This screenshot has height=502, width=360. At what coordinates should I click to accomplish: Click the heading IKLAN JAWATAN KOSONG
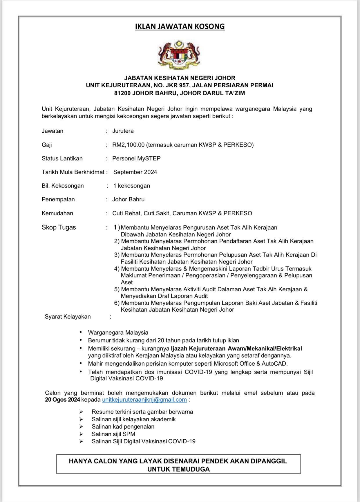tap(180, 26)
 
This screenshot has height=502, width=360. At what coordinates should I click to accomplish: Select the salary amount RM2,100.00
tap(128, 145)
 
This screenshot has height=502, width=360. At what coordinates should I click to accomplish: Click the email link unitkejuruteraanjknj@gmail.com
tap(144, 400)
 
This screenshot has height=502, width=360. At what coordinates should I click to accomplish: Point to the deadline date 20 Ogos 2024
tap(62, 400)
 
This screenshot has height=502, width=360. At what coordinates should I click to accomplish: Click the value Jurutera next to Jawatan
tap(123, 131)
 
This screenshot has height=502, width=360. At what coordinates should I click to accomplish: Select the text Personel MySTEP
tap(136, 158)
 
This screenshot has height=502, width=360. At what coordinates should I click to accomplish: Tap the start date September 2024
tap(135, 172)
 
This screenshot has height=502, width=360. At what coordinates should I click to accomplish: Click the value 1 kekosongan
tap(132, 186)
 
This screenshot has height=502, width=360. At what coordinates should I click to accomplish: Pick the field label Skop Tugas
tap(59, 227)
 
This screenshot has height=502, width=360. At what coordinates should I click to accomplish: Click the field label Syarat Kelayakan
tap(68, 317)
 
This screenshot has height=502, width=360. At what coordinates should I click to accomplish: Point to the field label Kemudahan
tap(57, 213)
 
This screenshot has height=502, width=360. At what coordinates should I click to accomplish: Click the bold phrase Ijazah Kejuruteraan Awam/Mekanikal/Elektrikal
tap(236, 348)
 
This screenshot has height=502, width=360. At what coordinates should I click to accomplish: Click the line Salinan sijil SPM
tap(113, 434)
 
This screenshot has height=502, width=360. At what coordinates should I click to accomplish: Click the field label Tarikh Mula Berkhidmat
tap(73, 172)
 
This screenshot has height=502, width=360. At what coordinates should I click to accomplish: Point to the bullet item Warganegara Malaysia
tap(118, 333)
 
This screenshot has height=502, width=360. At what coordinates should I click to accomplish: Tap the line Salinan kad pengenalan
tap(123, 427)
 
